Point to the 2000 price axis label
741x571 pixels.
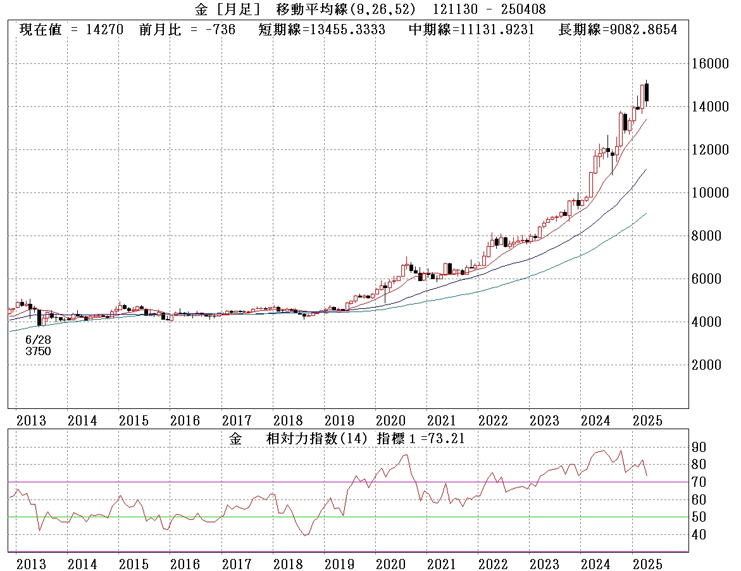coord(709,365)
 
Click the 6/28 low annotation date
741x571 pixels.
coord(38,340)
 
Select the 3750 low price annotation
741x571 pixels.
coord(38,351)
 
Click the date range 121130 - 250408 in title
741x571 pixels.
coord(489,9)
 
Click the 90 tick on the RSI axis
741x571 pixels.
coord(699,447)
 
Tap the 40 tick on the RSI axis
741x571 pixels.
coord(699,535)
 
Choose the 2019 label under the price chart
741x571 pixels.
coord(340,420)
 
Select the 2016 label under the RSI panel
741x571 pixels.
coord(185,563)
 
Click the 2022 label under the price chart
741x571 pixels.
coord(493,420)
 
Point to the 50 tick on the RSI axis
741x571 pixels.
coord(699,517)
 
